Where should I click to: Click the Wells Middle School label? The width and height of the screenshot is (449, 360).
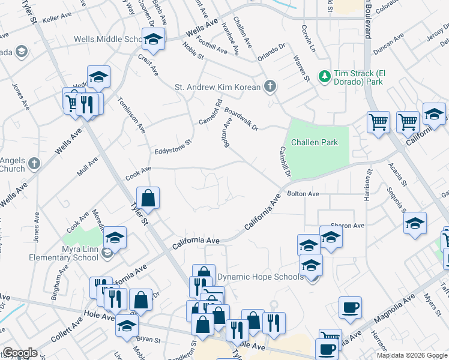tap(107, 40)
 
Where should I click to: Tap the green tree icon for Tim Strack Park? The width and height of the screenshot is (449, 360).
tap(325, 76)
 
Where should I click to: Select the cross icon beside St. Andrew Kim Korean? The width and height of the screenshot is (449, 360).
tap(270, 87)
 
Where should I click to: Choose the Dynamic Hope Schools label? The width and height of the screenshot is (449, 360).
tap(260, 277)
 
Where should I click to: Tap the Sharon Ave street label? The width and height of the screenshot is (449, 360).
tap(351, 226)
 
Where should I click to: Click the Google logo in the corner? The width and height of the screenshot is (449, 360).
tap(20, 353)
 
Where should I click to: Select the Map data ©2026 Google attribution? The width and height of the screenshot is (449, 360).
tap(411, 355)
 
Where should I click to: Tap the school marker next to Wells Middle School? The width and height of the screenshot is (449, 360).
tap(153, 40)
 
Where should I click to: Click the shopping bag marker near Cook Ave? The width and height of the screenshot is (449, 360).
tap(148, 197)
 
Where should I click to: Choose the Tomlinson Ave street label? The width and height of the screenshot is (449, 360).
tap(131, 114)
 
